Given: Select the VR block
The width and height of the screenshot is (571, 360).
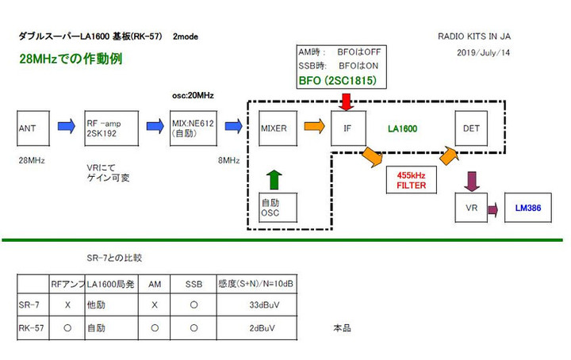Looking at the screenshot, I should [x=470, y=209].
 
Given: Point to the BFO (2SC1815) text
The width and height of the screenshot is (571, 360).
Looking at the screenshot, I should [x=337, y=81].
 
